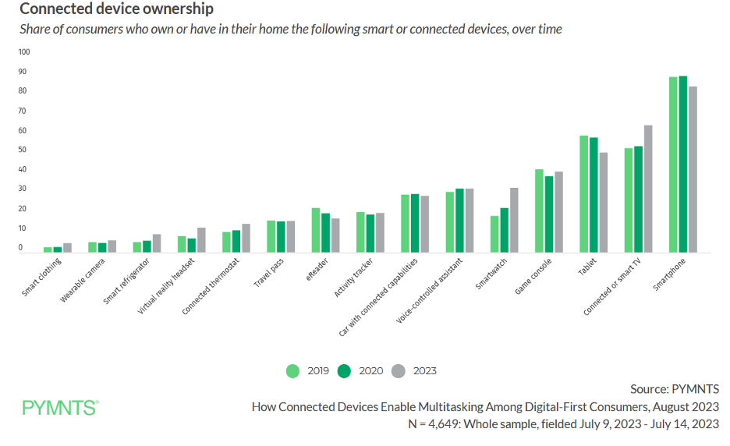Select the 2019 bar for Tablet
click(x=583, y=194)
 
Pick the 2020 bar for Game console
click(x=548, y=214)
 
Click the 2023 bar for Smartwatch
click(x=514, y=220)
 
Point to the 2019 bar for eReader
click(x=316, y=230)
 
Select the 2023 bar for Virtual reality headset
click(x=201, y=240)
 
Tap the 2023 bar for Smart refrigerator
click(x=157, y=243)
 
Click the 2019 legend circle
click(x=293, y=371)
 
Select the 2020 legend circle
click(x=344, y=371)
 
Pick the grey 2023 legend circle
click(x=398, y=371)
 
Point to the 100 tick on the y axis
click(x=23, y=52)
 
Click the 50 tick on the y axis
click(x=23, y=150)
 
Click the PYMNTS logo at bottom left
click(x=60, y=407)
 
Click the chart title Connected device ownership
click(x=116, y=10)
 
